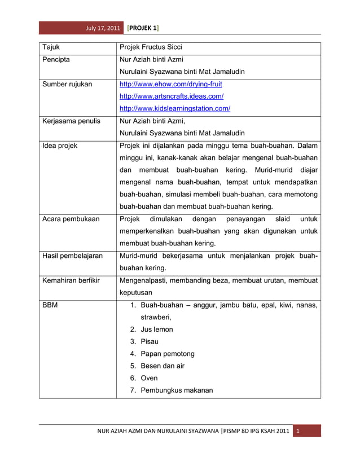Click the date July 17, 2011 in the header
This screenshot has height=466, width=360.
102,28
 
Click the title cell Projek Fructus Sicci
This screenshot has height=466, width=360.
151,47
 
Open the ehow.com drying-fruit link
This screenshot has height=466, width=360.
171,84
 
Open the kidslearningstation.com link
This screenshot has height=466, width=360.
178,109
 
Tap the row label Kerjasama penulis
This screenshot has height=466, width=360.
71,121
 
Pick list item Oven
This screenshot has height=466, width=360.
149,379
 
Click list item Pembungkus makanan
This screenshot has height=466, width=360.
177,390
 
